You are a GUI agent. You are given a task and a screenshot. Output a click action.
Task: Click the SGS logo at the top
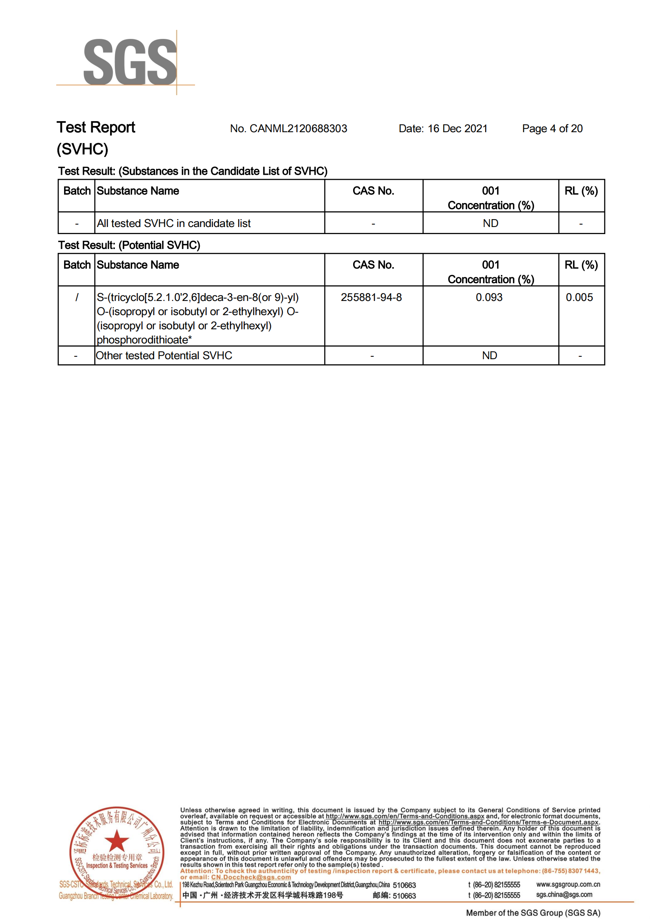coord(130,62)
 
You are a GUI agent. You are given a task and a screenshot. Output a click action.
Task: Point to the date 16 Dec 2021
coord(457,129)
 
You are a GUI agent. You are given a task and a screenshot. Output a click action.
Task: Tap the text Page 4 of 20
coord(552,129)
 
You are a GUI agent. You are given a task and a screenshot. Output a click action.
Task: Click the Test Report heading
coord(96,127)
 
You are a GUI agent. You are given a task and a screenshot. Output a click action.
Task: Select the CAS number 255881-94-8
coord(371,297)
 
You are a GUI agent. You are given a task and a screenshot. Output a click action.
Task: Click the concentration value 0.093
coord(489,297)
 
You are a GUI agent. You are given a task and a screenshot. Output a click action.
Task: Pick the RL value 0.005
coord(579,297)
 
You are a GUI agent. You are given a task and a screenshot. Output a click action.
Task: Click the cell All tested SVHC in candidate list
coord(173,223)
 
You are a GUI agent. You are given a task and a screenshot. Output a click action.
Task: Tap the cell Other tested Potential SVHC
coord(164,355)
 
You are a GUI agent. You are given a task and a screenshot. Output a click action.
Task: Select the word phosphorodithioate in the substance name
coord(142,340)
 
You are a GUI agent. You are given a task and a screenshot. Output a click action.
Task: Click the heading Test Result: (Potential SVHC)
coord(129,245)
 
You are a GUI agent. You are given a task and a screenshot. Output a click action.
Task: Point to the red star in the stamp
coord(116,840)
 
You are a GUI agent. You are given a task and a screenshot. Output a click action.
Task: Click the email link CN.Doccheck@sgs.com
coord(251,877)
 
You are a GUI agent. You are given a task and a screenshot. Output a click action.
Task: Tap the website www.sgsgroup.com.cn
coord(568,884)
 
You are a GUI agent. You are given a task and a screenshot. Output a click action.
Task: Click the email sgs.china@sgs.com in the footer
coord(564,895)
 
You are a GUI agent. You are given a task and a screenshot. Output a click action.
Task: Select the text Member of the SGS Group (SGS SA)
coord(533,913)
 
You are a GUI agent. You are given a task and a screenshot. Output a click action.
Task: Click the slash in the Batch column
coord(76,297)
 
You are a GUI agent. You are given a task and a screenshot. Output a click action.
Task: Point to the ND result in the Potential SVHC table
coord(490,355)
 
